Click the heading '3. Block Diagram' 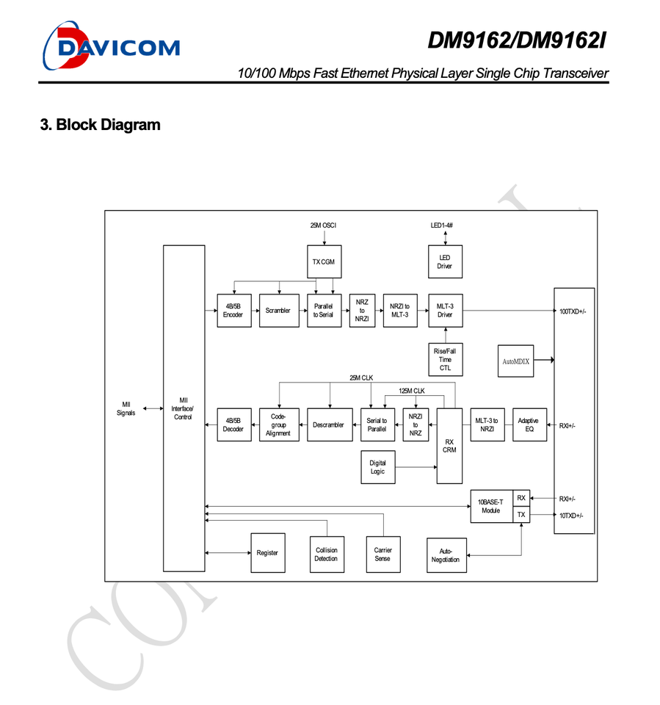coord(101,125)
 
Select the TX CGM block coord(323,262)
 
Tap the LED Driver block coord(445,261)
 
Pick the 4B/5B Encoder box coord(233,311)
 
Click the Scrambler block coord(278,311)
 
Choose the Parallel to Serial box coord(323,311)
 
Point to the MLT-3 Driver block coord(445,311)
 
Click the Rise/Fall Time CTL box coord(445,360)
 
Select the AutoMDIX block coord(515,361)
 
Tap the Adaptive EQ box coord(528,425)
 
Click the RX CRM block coord(449,445)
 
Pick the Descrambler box coord(328,425)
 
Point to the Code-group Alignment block coord(278,425)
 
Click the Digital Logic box coord(377,467)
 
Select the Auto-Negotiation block coord(446,555)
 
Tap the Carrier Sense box coord(382,554)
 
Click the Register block coord(267,553)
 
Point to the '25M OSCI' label coord(323,225)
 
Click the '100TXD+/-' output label coord(572,311)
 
